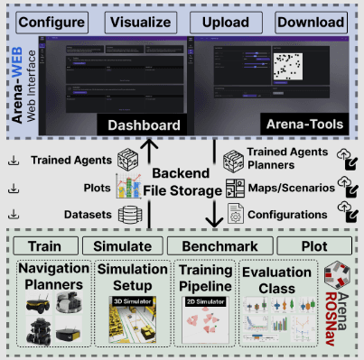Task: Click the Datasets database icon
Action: (133, 215)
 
